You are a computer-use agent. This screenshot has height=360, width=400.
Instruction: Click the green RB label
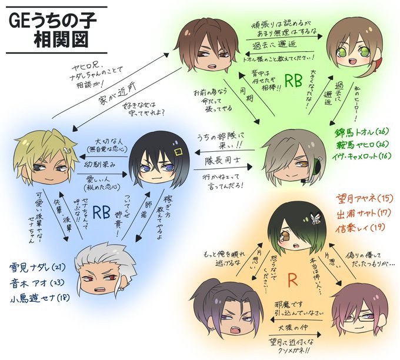[293, 80]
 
